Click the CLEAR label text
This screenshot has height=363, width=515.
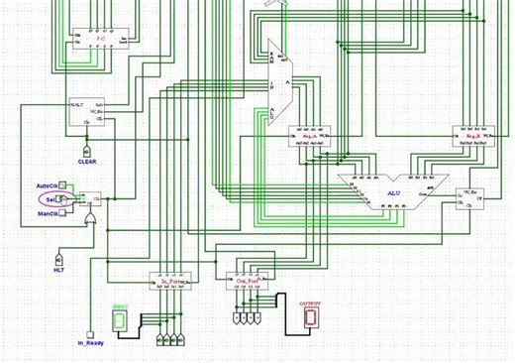[87, 160]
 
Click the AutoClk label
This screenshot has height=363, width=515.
[47, 185]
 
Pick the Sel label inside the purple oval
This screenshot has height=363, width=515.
[50, 199]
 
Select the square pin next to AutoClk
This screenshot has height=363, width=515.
[63, 185]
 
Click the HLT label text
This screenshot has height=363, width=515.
[58, 269]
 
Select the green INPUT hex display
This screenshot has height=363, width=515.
[121, 315]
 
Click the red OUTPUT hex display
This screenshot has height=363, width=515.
[311, 316]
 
